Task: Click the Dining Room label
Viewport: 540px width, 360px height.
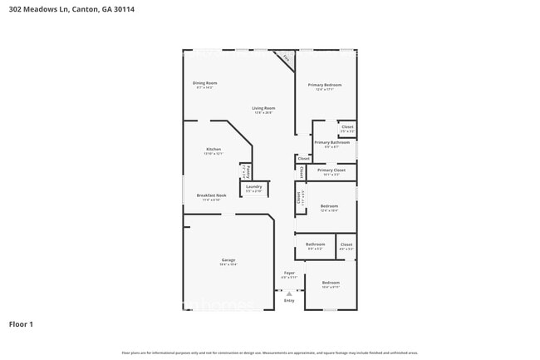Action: [204, 83]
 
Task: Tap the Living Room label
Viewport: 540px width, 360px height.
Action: [264, 108]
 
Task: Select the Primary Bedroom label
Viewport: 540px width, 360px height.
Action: [326, 85]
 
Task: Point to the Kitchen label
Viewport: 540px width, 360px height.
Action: [214, 150]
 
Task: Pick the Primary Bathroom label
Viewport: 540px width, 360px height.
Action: [331, 142]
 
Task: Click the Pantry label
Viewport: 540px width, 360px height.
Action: [248, 171]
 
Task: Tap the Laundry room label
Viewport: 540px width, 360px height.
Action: [254, 186]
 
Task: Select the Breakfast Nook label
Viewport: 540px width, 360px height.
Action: [212, 196]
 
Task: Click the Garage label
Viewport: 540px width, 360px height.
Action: [228, 260]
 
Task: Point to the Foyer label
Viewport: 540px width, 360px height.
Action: [289, 273]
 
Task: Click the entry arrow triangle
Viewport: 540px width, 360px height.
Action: [289, 293]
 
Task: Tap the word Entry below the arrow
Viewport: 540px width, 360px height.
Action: [289, 301]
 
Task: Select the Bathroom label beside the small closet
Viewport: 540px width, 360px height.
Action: [316, 244]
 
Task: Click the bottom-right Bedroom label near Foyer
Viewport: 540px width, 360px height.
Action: [331, 283]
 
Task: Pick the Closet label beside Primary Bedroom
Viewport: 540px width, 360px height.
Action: [347, 126]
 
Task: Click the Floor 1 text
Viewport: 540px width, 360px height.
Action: [21, 324]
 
